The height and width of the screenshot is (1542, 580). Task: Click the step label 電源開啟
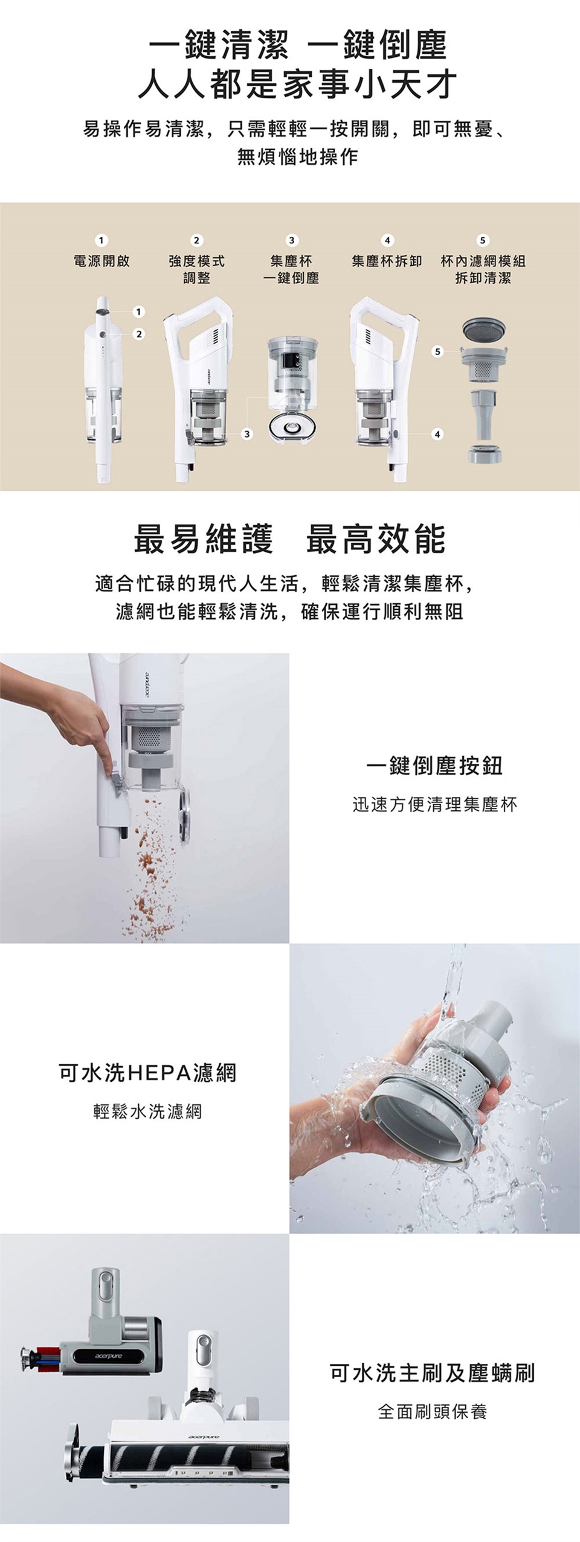click(101, 261)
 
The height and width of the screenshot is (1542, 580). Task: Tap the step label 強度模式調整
click(196, 269)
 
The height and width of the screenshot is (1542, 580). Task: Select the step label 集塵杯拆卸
click(387, 261)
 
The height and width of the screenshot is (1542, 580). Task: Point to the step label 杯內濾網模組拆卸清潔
click(483, 269)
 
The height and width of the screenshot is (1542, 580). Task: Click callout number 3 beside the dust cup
click(246, 433)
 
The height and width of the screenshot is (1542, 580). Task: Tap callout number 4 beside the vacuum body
click(437, 433)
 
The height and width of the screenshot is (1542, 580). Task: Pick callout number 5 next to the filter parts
click(437, 351)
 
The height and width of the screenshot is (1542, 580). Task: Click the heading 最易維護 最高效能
click(289, 539)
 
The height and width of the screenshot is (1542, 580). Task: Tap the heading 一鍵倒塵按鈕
click(434, 766)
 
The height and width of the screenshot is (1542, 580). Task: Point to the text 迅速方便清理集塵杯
click(434, 804)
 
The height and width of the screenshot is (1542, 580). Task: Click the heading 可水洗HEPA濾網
click(147, 1073)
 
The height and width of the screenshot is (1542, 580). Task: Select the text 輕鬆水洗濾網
click(147, 1112)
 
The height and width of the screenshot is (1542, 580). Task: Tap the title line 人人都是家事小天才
click(297, 84)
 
